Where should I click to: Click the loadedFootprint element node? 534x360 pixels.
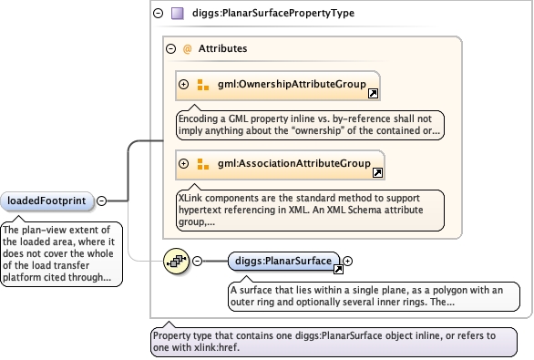coord(46,201)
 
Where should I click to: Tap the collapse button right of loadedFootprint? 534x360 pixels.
coord(101,201)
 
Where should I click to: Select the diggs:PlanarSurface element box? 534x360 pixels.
coord(283,262)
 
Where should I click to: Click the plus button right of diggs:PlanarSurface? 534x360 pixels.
coord(347,262)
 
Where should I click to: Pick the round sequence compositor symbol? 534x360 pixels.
coord(176,262)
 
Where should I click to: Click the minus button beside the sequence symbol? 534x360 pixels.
coord(197,262)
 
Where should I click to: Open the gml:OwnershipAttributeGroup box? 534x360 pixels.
coord(278,86)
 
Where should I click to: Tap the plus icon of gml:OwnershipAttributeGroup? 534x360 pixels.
coord(183,84)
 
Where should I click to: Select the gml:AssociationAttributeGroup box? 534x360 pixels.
coord(280,165)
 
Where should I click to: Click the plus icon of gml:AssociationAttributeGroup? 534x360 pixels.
coord(183,163)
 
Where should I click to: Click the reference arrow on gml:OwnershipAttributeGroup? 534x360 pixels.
coord(374,93)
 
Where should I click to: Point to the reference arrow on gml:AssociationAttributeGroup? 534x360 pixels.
coord(377,172)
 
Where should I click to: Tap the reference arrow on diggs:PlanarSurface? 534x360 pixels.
coord(338,270)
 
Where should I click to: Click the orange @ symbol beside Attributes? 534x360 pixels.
coord(187,49)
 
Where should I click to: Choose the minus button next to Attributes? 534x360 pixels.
coord(171,48)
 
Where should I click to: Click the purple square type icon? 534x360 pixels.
coord(178,14)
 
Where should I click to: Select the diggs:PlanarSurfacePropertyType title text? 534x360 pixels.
coord(273,14)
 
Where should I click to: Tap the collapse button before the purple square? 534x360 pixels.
coord(158,14)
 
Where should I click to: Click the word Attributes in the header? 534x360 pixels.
coord(222,48)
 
